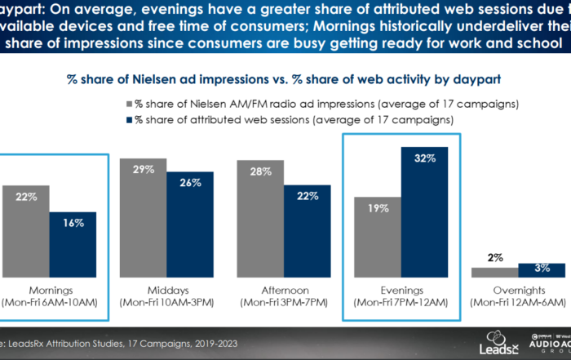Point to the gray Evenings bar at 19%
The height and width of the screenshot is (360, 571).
pos(378,237)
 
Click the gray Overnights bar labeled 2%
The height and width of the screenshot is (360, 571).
pos(494,273)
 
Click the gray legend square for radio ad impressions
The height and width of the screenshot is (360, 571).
pos(129,104)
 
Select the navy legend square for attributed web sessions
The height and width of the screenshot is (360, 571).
pos(129,119)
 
